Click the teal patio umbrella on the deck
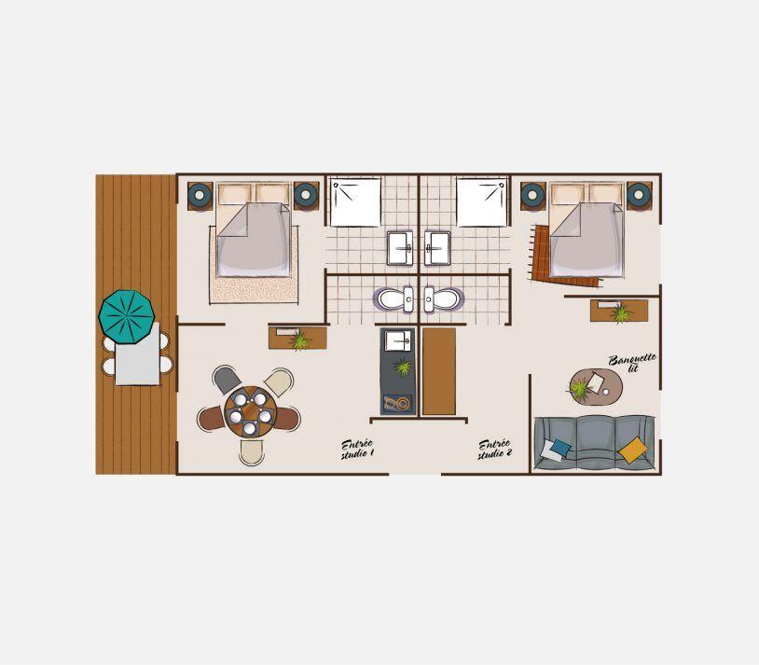point(126,317)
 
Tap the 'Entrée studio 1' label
point(357,450)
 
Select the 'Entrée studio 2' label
point(495,450)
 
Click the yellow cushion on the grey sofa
point(633,450)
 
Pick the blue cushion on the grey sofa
point(561,448)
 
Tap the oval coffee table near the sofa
point(596,386)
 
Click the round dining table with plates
point(250,411)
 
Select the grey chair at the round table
point(227,380)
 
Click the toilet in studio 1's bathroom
point(393,299)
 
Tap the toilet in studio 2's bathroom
point(442,299)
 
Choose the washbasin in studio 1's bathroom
point(400,248)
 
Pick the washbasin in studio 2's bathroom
point(437,248)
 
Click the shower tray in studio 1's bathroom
point(356,202)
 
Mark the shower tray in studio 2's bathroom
point(482,202)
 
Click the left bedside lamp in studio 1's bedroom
point(200,196)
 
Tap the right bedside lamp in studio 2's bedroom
point(639,196)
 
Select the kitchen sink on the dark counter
point(397,341)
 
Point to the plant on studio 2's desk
point(621,313)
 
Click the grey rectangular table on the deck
point(137,353)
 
